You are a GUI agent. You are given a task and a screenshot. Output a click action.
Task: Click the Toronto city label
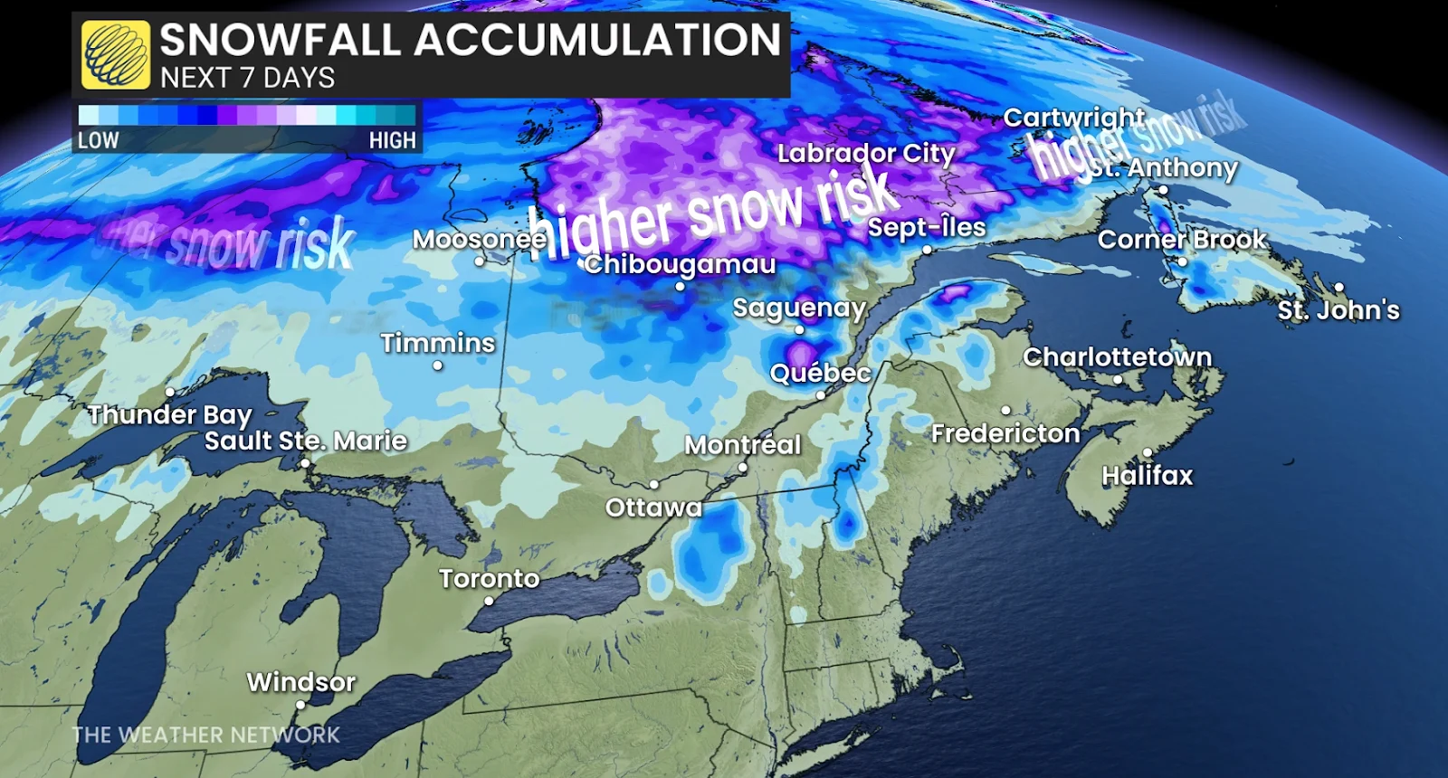489,579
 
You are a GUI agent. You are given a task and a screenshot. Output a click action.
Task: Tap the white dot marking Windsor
301,704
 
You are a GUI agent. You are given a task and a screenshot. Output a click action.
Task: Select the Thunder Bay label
170,415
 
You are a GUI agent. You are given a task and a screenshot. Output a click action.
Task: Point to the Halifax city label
1147,476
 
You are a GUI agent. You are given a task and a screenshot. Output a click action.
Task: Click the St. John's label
1338,310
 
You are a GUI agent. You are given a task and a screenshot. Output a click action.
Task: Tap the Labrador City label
866,154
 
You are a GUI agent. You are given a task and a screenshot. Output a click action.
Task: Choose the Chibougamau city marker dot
680,286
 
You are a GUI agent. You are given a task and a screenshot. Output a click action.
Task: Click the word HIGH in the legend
392,140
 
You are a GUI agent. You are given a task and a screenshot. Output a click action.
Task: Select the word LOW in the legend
98,140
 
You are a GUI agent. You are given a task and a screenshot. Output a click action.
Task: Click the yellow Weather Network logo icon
116,54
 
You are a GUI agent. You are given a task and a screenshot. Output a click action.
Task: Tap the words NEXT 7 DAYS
247,79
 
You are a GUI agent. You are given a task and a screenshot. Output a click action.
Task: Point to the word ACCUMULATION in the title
597,41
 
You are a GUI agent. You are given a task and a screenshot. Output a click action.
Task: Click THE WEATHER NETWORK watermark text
206,735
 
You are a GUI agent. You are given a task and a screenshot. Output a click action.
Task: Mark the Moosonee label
480,240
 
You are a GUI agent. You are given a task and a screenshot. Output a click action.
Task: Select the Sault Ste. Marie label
305,441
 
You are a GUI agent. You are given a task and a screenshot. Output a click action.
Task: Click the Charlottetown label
1117,357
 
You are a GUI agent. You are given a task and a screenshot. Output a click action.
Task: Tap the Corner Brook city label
1182,240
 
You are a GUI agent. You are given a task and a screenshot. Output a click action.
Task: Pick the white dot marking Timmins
438,365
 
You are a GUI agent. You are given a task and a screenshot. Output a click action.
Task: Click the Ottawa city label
653,508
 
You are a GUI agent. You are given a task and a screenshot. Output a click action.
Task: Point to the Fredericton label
1005,434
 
